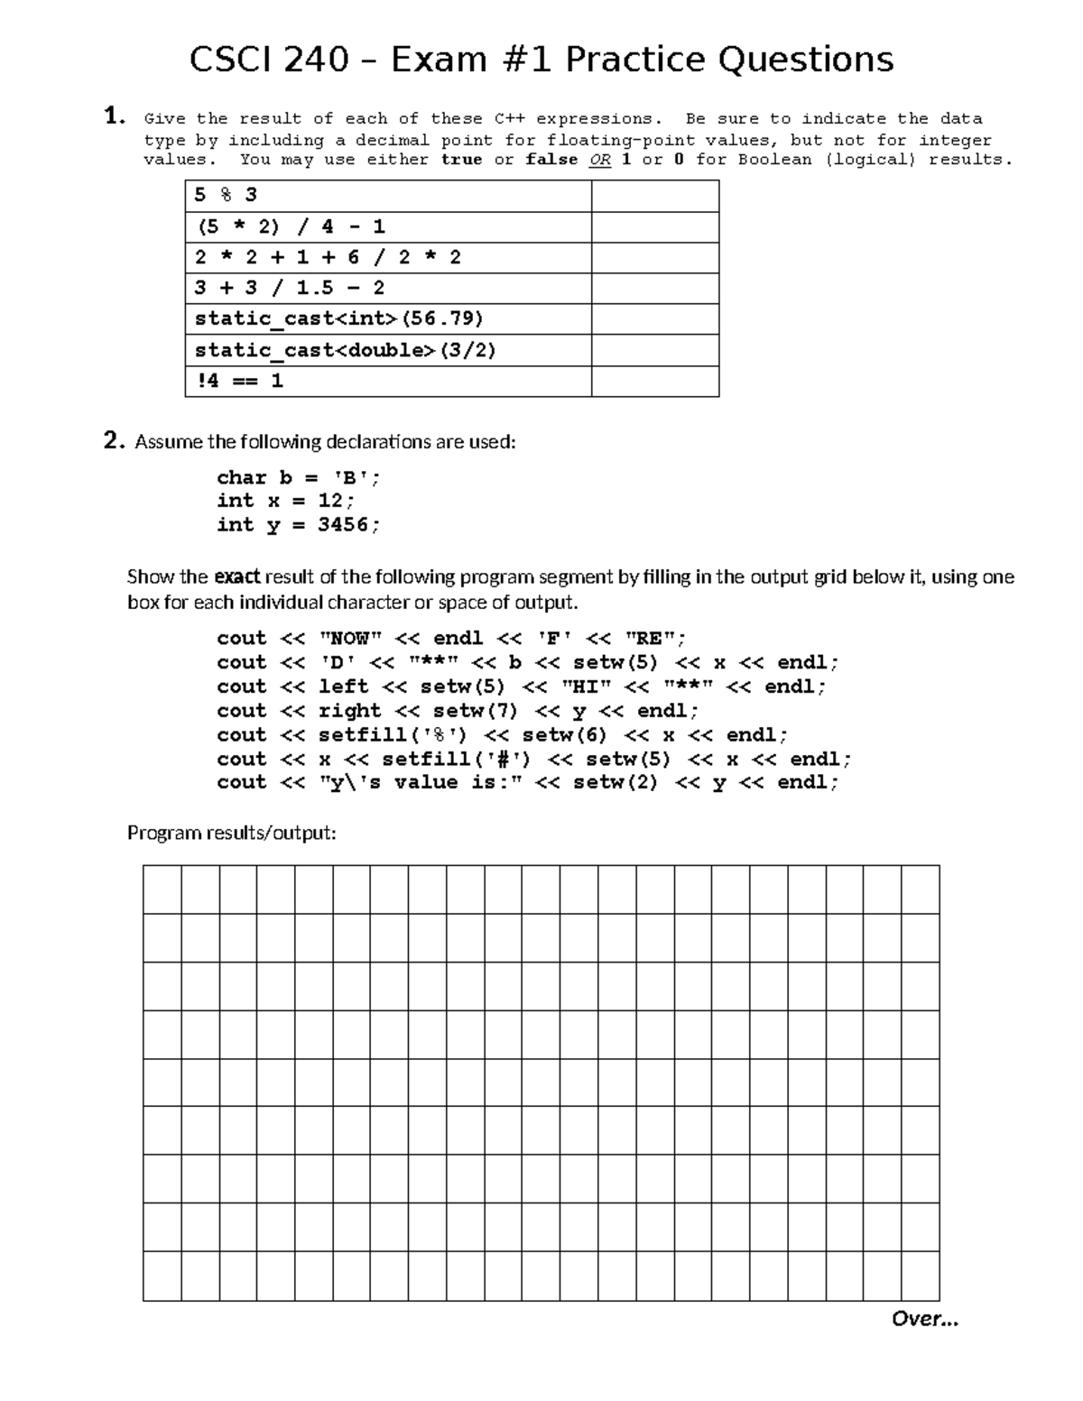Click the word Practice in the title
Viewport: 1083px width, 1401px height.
tap(635, 60)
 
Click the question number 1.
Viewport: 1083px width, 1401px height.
tap(113, 115)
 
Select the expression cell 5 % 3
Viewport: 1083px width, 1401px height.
tap(388, 196)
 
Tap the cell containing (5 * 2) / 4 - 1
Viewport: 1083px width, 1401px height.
tap(388, 226)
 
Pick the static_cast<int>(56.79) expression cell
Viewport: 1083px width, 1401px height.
tap(388, 318)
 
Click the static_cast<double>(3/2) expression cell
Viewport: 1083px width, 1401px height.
tap(388, 350)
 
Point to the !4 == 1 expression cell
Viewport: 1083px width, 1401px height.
tap(388, 381)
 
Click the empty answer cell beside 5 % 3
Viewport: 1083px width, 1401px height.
tap(654, 196)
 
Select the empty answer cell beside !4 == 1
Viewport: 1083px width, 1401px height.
tap(654, 381)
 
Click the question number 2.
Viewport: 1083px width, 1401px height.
tap(113, 440)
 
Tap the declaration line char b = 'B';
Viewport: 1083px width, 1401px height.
tap(298, 478)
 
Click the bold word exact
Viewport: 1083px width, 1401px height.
tap(237, 576)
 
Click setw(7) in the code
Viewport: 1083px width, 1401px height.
tap(475, 711)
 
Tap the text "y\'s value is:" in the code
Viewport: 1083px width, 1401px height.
tap(421, 782)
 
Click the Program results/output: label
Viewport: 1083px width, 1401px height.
tap(231, 833)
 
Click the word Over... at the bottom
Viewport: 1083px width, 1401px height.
tap(924, 1319)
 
